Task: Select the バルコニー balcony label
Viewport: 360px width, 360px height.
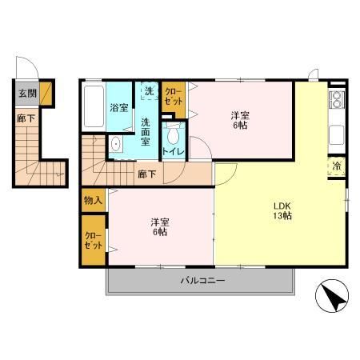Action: pos(201,281)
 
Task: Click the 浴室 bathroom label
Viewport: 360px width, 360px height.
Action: pos(119,107)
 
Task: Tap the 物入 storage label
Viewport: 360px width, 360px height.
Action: pos(92,200)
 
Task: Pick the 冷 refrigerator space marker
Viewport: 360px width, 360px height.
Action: pos(337,166)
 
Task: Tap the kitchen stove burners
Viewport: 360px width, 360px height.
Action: pos(337,100)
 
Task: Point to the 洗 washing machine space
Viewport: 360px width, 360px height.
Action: pos(149,91)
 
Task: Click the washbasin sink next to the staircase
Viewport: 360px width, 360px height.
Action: pos(115,146)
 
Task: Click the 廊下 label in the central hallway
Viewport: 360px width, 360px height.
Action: pos(146,172)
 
